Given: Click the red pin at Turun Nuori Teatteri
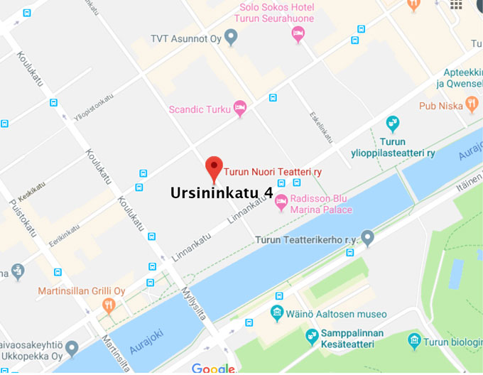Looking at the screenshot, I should click(x=214, y=168).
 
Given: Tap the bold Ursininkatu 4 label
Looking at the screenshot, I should click(x=222, y=192).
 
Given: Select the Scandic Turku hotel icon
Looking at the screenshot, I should click(x=240, y=108).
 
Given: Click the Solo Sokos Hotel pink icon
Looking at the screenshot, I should click(x=299, y=33).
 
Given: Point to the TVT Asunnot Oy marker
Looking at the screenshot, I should click(x=230, y=38).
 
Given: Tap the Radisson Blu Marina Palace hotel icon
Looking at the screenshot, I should click(x=281, y=201).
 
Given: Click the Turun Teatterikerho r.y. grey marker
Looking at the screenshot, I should click(x=367, y=237).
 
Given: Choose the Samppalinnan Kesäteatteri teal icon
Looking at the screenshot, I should click(x=312, y=335).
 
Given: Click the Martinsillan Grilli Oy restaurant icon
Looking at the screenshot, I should click(x=109, y=306).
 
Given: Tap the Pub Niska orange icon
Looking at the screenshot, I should click(x=472, y=105).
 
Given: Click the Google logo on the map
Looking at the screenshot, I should click(x=213, y=368).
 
